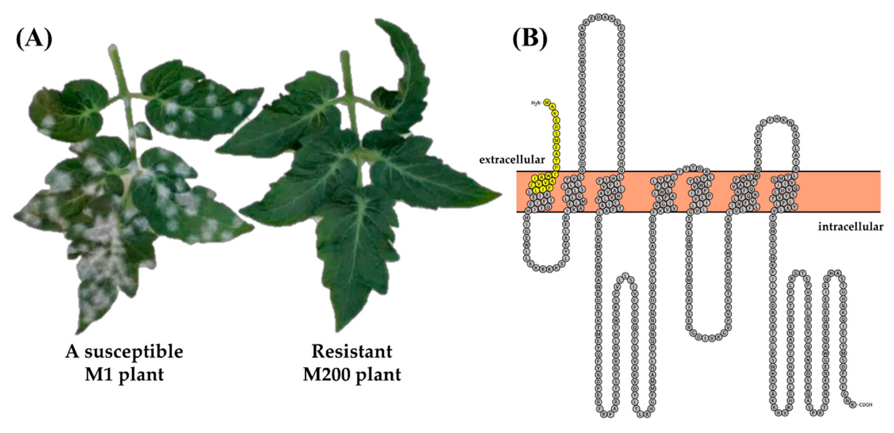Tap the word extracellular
tap(512, 160)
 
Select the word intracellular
tap(851, 227)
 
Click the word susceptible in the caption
tap(134, 352)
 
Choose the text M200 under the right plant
tap(325, 375)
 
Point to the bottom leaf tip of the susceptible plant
tap(79, 331)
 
